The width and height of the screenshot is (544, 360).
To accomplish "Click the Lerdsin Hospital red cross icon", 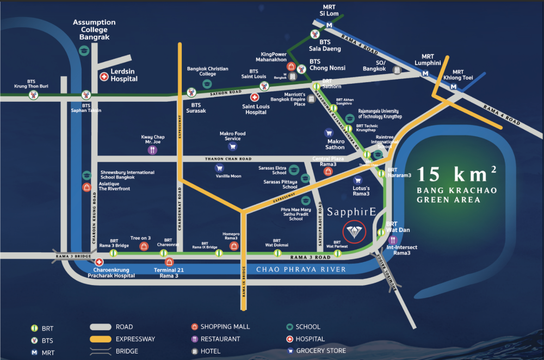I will point(103,77).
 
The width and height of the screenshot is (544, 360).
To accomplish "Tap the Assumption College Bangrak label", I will point(95,30).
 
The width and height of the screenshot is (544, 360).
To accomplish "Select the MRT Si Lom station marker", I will point(329,26).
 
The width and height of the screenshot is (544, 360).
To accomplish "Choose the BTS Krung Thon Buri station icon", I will point(34,95).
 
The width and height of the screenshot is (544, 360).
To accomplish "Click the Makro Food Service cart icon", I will point(232,146).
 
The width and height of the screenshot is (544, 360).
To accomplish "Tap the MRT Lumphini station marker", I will point(424,72).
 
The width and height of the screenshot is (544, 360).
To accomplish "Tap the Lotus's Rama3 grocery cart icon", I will point(357,181).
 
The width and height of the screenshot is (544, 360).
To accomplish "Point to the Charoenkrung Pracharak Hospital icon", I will point(99,262).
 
